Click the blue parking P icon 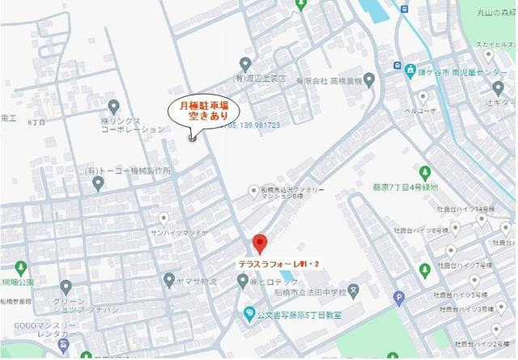click(398, 298)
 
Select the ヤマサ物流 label click(197, 281)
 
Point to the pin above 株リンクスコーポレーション click(114, 106)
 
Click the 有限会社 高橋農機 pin click(370, 80)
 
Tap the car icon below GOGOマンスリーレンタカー click(63, 348)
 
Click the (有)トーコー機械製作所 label click(128, 171)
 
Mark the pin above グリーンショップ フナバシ click(66, 286)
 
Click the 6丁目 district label click(36, 122)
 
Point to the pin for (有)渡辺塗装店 click(245, 64)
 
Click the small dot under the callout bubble click(192, 138)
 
